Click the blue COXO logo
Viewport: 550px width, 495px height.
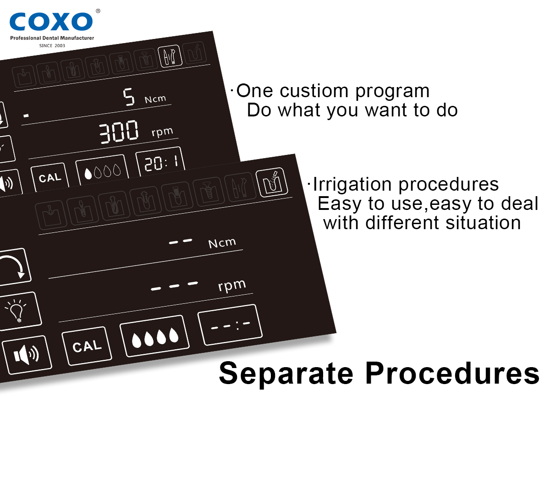coord(51,22)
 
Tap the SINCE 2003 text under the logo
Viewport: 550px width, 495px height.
coord(52,45)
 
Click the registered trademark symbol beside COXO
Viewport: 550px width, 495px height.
coord(98,11)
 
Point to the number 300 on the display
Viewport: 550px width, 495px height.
coord(118,132)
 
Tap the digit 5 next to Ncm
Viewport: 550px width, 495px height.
coord(129,97)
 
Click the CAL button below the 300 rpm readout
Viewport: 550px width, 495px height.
coord(50,177)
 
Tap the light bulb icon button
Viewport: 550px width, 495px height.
coord(19,311)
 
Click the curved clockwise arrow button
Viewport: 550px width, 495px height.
coord(14,267)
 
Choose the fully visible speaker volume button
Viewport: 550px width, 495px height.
coord(27,355)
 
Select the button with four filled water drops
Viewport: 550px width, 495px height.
coord(155,335)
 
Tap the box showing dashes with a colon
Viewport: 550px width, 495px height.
coord(230,324)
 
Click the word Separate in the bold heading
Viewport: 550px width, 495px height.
coord(286,373)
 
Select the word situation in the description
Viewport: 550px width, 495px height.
coord(483,222)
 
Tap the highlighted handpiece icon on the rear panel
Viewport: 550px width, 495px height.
coord(170,56)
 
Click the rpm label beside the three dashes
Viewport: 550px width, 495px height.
coord(232,286)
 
